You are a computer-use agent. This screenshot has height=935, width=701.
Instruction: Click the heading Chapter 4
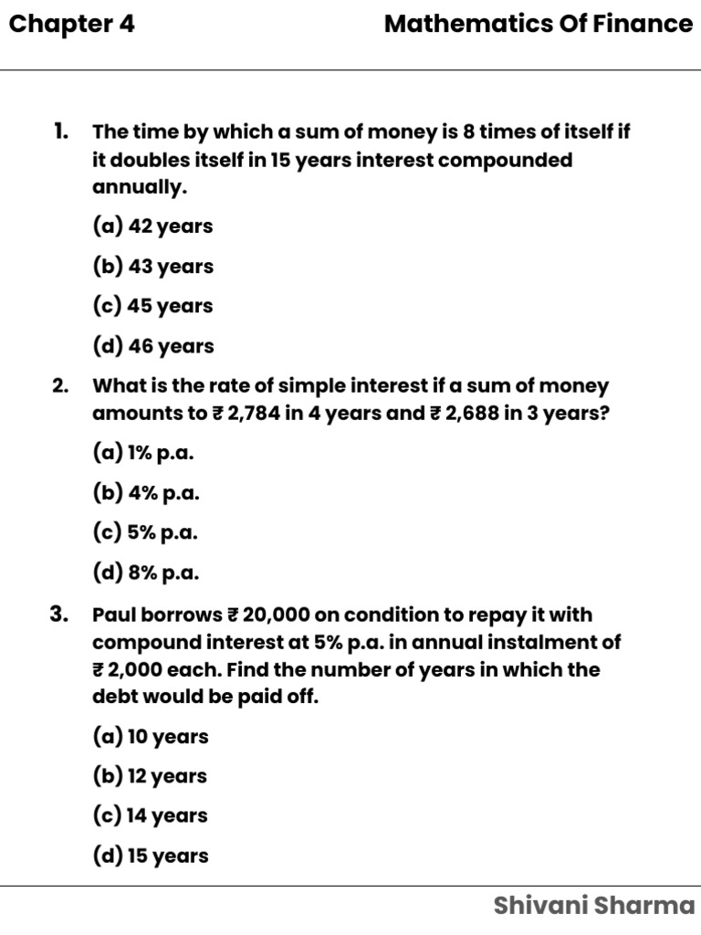(71, 25)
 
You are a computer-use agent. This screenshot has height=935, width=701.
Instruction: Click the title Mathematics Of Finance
(538, 25)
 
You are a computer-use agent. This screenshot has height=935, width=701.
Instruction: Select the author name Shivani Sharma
(593, 906)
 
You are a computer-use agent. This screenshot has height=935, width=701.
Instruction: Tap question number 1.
(60, 131)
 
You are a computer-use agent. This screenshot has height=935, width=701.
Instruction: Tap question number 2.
(60, 386)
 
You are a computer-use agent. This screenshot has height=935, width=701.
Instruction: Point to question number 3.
(60, 615)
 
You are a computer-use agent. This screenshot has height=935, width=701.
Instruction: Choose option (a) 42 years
(152, 226)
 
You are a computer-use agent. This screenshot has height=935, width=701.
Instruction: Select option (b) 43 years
(152, 267)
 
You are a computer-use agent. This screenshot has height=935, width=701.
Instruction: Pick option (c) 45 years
(152, 306)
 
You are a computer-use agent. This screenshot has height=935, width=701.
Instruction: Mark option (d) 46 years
(152, 346)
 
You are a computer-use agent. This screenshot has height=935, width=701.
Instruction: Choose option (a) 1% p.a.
(143, 453)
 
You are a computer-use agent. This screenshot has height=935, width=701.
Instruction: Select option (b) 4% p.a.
(145, 493)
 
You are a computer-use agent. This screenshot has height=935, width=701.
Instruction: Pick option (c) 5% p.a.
(145, 532)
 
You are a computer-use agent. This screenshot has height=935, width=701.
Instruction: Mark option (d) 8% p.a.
(145, 573)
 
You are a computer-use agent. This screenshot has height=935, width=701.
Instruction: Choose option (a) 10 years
(150, 736)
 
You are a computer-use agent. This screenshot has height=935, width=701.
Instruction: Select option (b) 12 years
(150, 776)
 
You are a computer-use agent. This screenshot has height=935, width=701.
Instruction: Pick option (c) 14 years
(150, 815)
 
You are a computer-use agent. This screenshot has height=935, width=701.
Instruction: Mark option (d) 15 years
(150, 856)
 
